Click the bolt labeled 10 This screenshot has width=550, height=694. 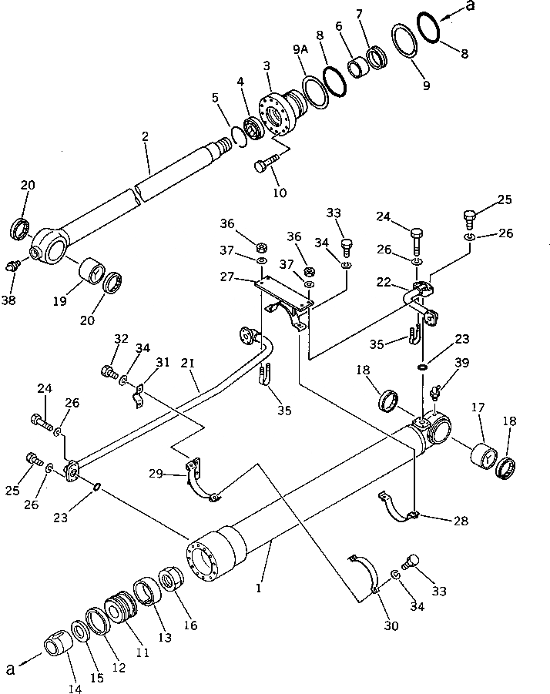pyautogui.click(x=262, y=165)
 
